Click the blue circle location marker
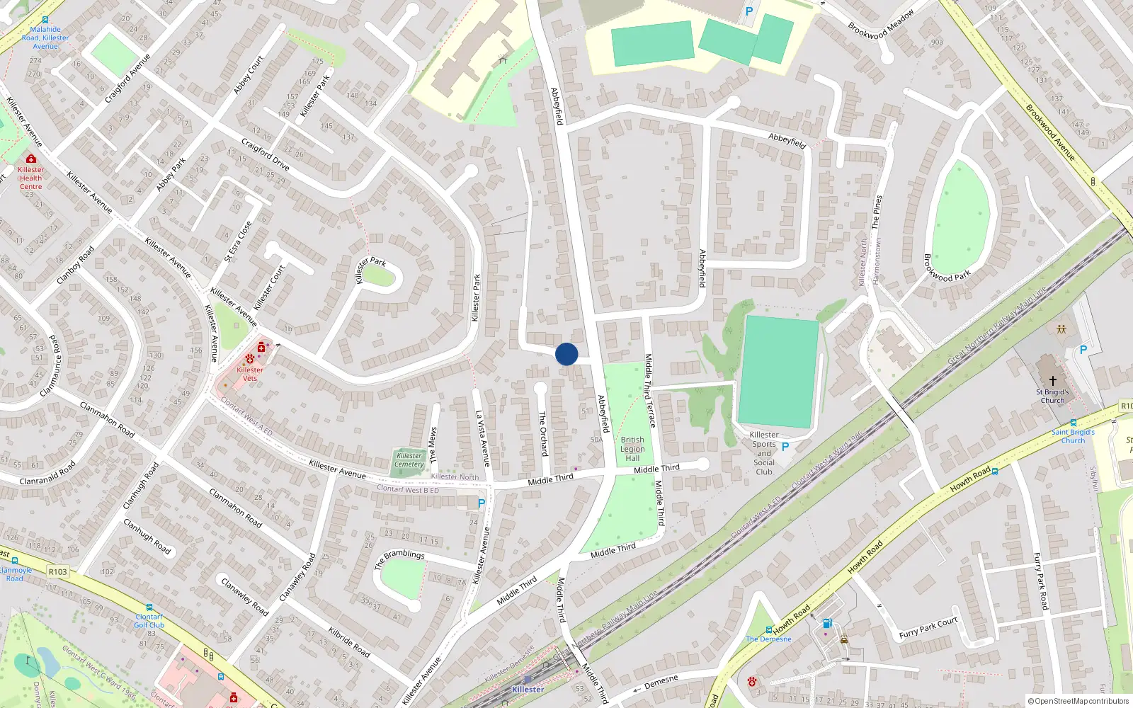566,354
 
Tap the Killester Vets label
250,374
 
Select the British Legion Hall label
632,449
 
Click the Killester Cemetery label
409,460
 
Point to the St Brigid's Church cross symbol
1053,381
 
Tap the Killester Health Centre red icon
31,159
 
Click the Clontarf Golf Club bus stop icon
149,607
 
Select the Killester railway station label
528,690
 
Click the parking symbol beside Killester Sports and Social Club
785,447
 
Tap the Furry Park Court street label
928,627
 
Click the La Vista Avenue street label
483,439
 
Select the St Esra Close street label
238,241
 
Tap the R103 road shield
58,572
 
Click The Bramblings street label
399,559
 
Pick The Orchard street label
543,434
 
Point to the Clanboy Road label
75,265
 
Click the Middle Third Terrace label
649,391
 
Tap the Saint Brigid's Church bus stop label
1073,436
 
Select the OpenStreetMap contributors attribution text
1078,702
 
